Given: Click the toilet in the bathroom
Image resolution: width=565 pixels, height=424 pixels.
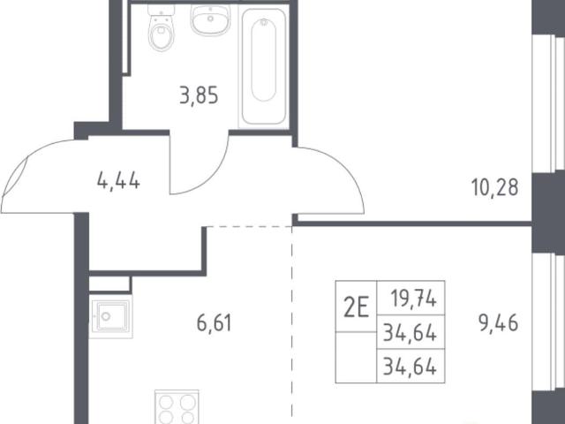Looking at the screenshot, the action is point(162,27).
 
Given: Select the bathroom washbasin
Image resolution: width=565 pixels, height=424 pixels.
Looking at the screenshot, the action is point(210,19).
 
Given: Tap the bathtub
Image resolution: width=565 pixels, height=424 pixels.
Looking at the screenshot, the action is point(263,67).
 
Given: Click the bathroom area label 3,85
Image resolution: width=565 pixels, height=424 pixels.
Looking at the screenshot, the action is point(199,96).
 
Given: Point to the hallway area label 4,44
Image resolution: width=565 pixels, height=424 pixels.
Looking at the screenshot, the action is point(118,180).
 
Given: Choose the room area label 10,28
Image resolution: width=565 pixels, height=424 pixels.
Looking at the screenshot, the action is point(494,187).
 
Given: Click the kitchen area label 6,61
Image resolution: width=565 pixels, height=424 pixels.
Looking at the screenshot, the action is point(214,322).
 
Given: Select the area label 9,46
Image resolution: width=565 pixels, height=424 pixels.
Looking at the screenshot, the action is point(498,322).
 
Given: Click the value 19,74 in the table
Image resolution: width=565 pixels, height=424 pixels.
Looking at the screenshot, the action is point(414,299).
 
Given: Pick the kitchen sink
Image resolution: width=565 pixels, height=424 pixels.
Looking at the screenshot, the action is point(110,316).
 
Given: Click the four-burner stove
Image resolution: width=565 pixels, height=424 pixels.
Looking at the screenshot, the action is point(177,406).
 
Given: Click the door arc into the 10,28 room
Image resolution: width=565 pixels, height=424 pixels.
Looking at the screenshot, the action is point(339,170).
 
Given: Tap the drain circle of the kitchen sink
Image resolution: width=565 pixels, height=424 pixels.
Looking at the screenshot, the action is point(106,316).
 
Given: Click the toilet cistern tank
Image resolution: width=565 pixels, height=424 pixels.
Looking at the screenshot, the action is point(161,10).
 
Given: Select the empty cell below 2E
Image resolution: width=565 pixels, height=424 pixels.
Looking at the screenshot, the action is point(356,357).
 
